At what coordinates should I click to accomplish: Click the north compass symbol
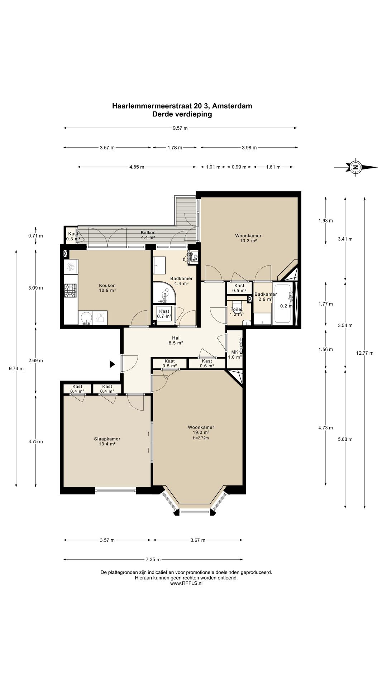tap(355, 167)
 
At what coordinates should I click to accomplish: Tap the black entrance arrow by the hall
tap(112, 364)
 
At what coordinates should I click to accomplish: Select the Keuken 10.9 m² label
tap(107, 288)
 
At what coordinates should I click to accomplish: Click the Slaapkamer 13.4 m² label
tap(107, 441)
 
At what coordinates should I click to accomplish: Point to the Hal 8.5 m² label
tap(176, 340)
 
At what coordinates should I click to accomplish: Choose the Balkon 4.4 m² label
tap(148, 235)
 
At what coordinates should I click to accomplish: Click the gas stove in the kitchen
tap(70, 290)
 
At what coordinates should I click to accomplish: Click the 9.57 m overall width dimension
tap(180, 128)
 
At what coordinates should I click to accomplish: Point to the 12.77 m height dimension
tap(365, 353)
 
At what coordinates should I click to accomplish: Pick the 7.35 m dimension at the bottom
tap(153, 559)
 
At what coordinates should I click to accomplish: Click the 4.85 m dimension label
tap(137, 167)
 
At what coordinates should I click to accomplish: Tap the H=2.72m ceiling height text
tap(201, 438)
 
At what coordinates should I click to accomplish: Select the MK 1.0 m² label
tap(235, 354)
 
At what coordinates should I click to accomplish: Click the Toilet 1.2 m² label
tap(236, 312)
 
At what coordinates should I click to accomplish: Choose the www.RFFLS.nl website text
tap(186, 583)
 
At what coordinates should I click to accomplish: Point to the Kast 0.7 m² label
tap(164, 314)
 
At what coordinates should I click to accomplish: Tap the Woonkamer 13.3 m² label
tap(248, 238)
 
